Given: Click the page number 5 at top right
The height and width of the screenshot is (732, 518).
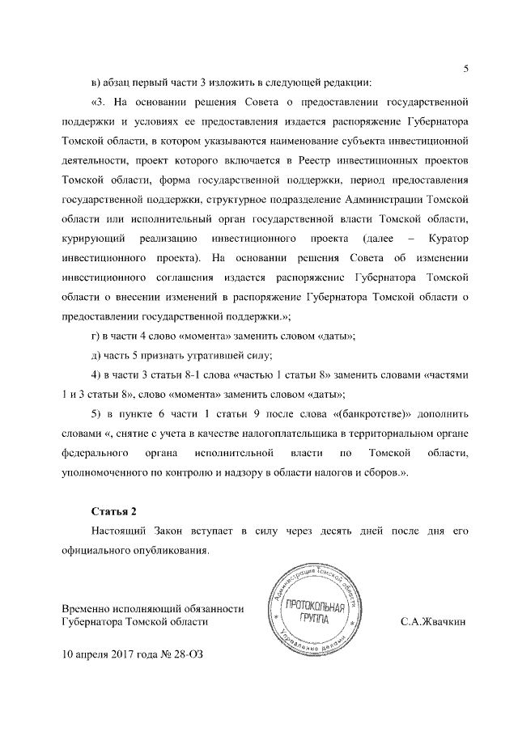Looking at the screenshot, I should [466, 68].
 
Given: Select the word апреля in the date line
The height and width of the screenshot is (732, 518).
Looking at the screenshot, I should [96, 653].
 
